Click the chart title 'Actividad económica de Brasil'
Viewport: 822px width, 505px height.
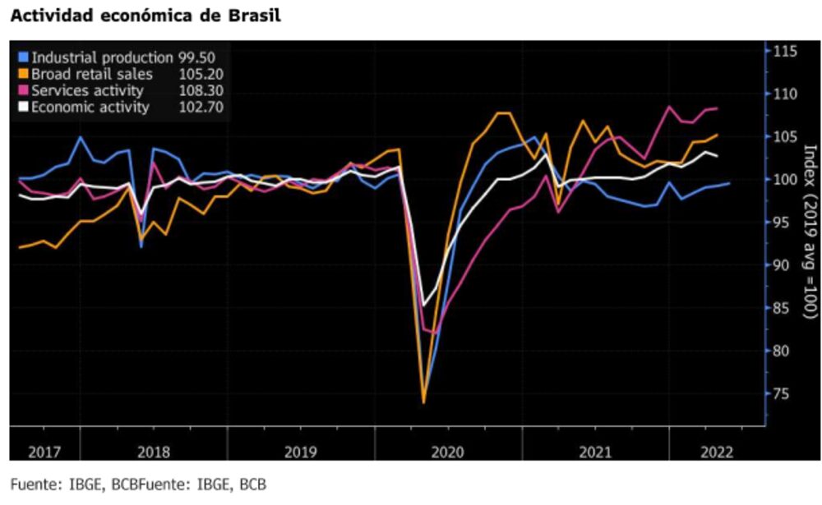click(x=145, y=16)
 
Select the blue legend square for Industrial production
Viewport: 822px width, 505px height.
click(x=23, y=57)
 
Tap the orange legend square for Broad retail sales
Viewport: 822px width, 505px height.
click(x=23, y=74)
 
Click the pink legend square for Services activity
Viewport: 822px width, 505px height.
click(x=23, y=90)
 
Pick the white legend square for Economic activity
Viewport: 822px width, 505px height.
click(x=23, y=107)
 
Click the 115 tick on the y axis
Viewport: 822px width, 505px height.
click(x=785, y=52)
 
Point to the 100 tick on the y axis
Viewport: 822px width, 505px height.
click(x=785, y=180)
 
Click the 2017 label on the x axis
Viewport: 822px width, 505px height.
click(x=44, y=452)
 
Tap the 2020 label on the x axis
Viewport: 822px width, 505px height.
click(x=448, y=452)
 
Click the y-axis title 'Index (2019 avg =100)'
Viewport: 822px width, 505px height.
click(x=809, y=232)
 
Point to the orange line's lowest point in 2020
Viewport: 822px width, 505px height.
click(x=423, y=402)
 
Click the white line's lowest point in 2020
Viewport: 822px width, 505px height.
click(x=424, y=305)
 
